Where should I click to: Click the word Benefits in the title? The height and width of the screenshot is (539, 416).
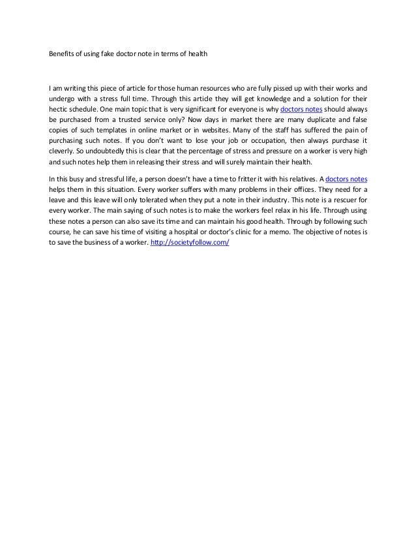(x=62, y=55)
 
